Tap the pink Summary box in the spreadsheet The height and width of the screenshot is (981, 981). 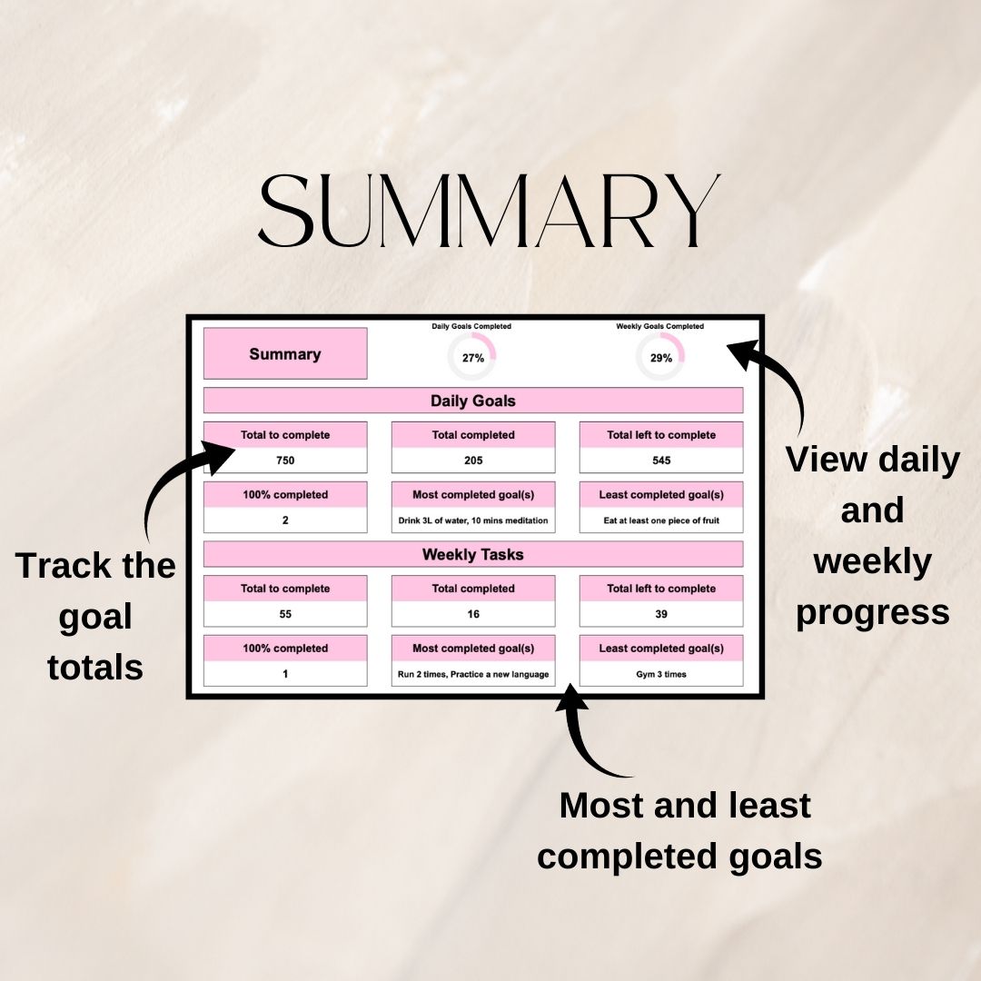[285, 354]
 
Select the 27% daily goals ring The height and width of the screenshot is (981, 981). [472, 357]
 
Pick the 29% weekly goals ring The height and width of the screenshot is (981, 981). [660, 357]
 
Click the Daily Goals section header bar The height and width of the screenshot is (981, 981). [472, 401]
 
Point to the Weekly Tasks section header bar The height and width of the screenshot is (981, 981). [472, 554]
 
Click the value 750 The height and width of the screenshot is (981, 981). [285, 461]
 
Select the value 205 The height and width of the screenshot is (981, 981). [472, 461]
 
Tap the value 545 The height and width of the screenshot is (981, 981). [661, 461]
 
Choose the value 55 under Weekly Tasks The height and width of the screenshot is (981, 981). [285, 614]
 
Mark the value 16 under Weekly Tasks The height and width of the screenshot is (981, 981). [472, 614]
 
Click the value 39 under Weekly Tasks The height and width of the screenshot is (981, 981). [661, 614]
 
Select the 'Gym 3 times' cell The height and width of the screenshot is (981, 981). [661, 675]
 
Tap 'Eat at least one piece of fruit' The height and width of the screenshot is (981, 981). [661, 520]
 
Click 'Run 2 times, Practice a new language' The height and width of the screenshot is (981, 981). [472, 675]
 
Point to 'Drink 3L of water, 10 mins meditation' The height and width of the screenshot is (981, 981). [472, 520]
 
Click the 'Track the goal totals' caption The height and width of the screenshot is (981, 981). [95, 616]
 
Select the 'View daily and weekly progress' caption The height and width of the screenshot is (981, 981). [872, 536]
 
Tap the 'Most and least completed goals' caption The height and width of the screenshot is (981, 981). [681, 830]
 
